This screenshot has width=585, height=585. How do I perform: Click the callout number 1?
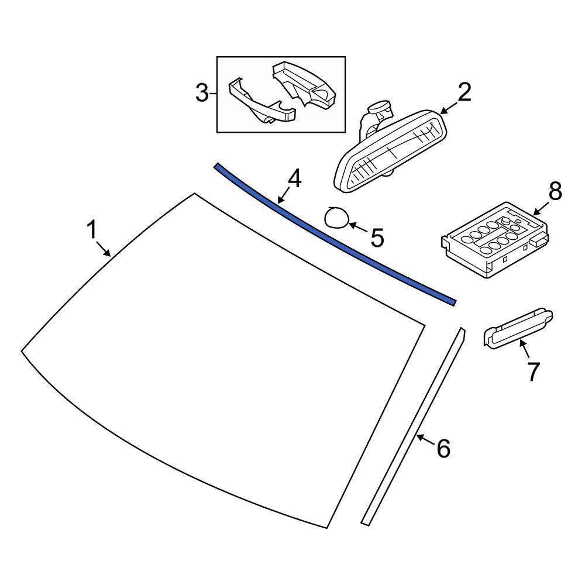pos(92,230)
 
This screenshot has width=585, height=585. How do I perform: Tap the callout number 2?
pos(464,93)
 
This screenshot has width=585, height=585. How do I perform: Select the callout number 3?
pos(202,93)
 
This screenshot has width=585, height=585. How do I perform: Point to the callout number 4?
pos(295,179)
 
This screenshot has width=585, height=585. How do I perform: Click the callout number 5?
pos(376,238)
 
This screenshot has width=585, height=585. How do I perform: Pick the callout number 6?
pos(443,449)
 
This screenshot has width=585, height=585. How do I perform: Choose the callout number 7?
pos(532,371)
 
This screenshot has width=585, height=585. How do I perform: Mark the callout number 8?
pos(555,191)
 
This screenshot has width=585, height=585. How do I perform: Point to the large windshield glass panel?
pos(222,363)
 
